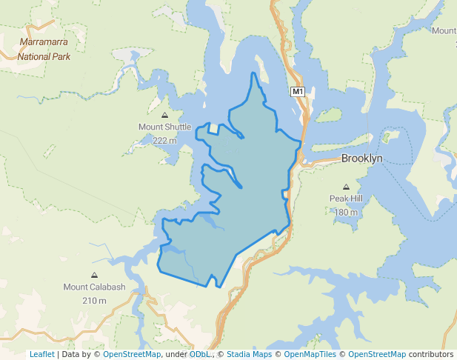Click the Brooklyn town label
tap(361, 159)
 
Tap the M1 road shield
tap(297, 92)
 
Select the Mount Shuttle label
tap(164, 127)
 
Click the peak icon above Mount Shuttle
tap(164, 115)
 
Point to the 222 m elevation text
tap(164, 140)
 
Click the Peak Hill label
tap(346, 199)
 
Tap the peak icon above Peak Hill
tap(346, 187)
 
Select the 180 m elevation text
tap(346, 213)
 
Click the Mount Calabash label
tap(94, 287)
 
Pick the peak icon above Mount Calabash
tap(94, 276)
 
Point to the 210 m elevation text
tap(94, 301)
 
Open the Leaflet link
tap(41, 354)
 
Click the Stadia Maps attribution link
tap(249, 354)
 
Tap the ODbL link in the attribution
tap(199, 354)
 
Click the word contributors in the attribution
tap(430, 354)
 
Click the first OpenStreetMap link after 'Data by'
tap(131, 354)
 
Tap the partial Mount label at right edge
tap(444, 30)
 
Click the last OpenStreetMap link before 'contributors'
tap(376, 354)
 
